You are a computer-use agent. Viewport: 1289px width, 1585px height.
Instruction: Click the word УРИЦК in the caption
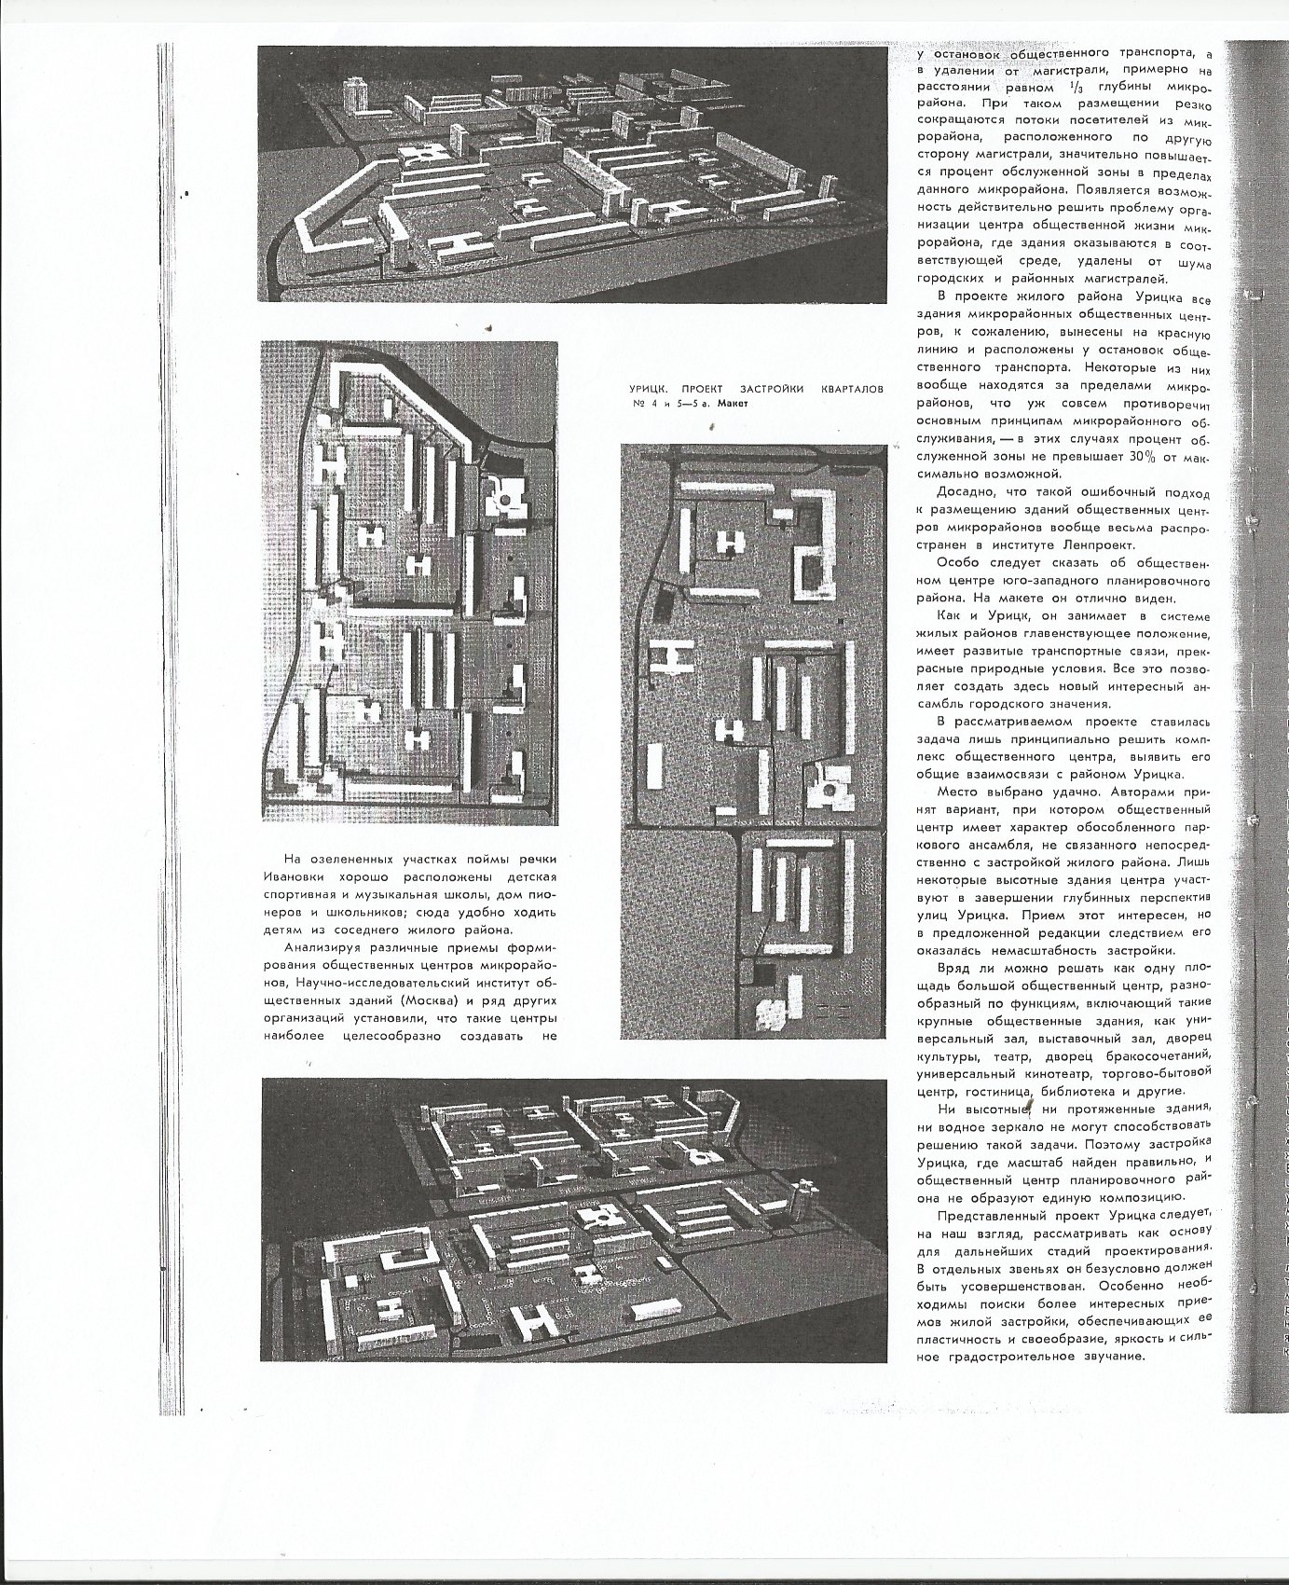644,388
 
